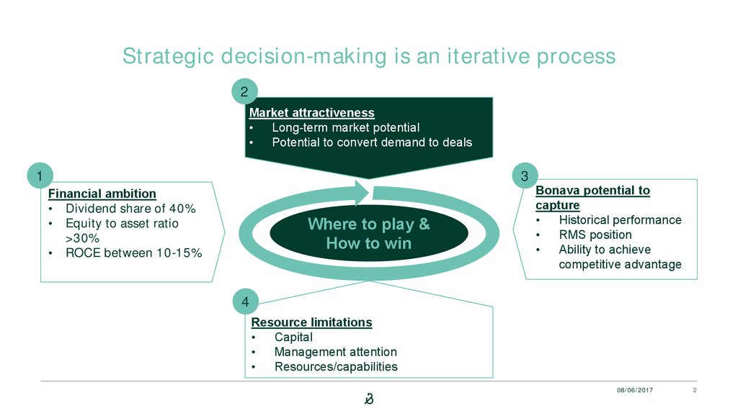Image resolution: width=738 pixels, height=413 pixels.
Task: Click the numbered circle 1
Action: [40, 176]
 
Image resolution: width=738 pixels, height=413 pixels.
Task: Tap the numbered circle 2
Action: [244, 91]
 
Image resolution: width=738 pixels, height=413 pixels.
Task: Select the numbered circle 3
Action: [525, 176]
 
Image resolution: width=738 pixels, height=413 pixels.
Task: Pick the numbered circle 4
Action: [245, 301]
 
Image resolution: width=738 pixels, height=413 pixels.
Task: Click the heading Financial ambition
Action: [102, 194]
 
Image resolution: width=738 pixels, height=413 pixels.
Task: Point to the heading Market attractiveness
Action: [311, 113]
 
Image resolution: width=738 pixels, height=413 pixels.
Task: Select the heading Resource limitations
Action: [311, 322]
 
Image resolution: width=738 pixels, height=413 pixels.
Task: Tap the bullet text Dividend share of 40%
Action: [130, 209]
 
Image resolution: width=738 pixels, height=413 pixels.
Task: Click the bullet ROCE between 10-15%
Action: [133, 253]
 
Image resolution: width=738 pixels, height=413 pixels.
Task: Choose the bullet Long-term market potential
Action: [345, 127]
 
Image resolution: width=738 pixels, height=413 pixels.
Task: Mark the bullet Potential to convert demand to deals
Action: [372, 142]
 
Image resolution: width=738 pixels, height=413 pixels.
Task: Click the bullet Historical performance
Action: [620, 220]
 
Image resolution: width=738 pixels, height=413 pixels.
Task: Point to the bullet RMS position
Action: [595, 235]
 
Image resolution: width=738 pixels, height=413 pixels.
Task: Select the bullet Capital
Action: [293, 337]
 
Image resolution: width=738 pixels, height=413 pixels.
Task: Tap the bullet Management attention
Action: [336, 352]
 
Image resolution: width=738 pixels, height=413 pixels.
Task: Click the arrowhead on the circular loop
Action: [362, 192]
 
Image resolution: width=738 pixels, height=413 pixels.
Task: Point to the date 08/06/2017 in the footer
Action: [635, 390]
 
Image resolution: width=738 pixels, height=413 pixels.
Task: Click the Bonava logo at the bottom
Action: [369, 399]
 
